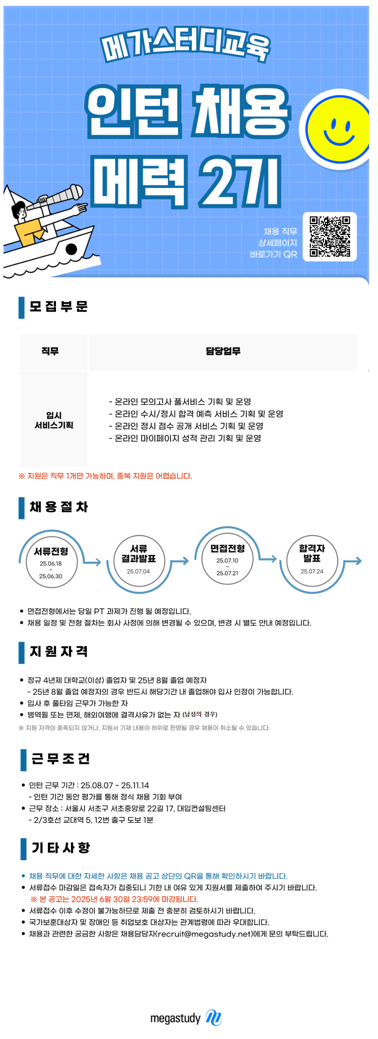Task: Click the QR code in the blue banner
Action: pyautogui.click(x=330, y=237)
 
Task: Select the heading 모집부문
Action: pyautogui.click(x=58, y=307)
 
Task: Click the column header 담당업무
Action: pyautogui.click(x=223, y=351)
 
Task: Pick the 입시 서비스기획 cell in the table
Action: pyautogui.click(x=54, y=420)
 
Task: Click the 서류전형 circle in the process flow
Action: pyautogui.click(x=51, y=562)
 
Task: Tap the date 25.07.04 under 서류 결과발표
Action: pyautogui.click(x=138, y=571)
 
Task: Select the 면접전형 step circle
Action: pyautogui.click(x=227, y=559)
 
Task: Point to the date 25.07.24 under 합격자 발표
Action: pyautogui.click(x=312, y=571)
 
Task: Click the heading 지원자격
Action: pyautogui.click(x=59, y=652)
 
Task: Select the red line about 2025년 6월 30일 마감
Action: pyautogui.click(x=114, y=899)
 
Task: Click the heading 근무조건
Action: pyautogui.click(x=61, y=759)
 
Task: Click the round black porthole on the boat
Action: pyautogui.click(x=72, y=249)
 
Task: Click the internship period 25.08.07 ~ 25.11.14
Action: pyautogui.click(x=115, y=785)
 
